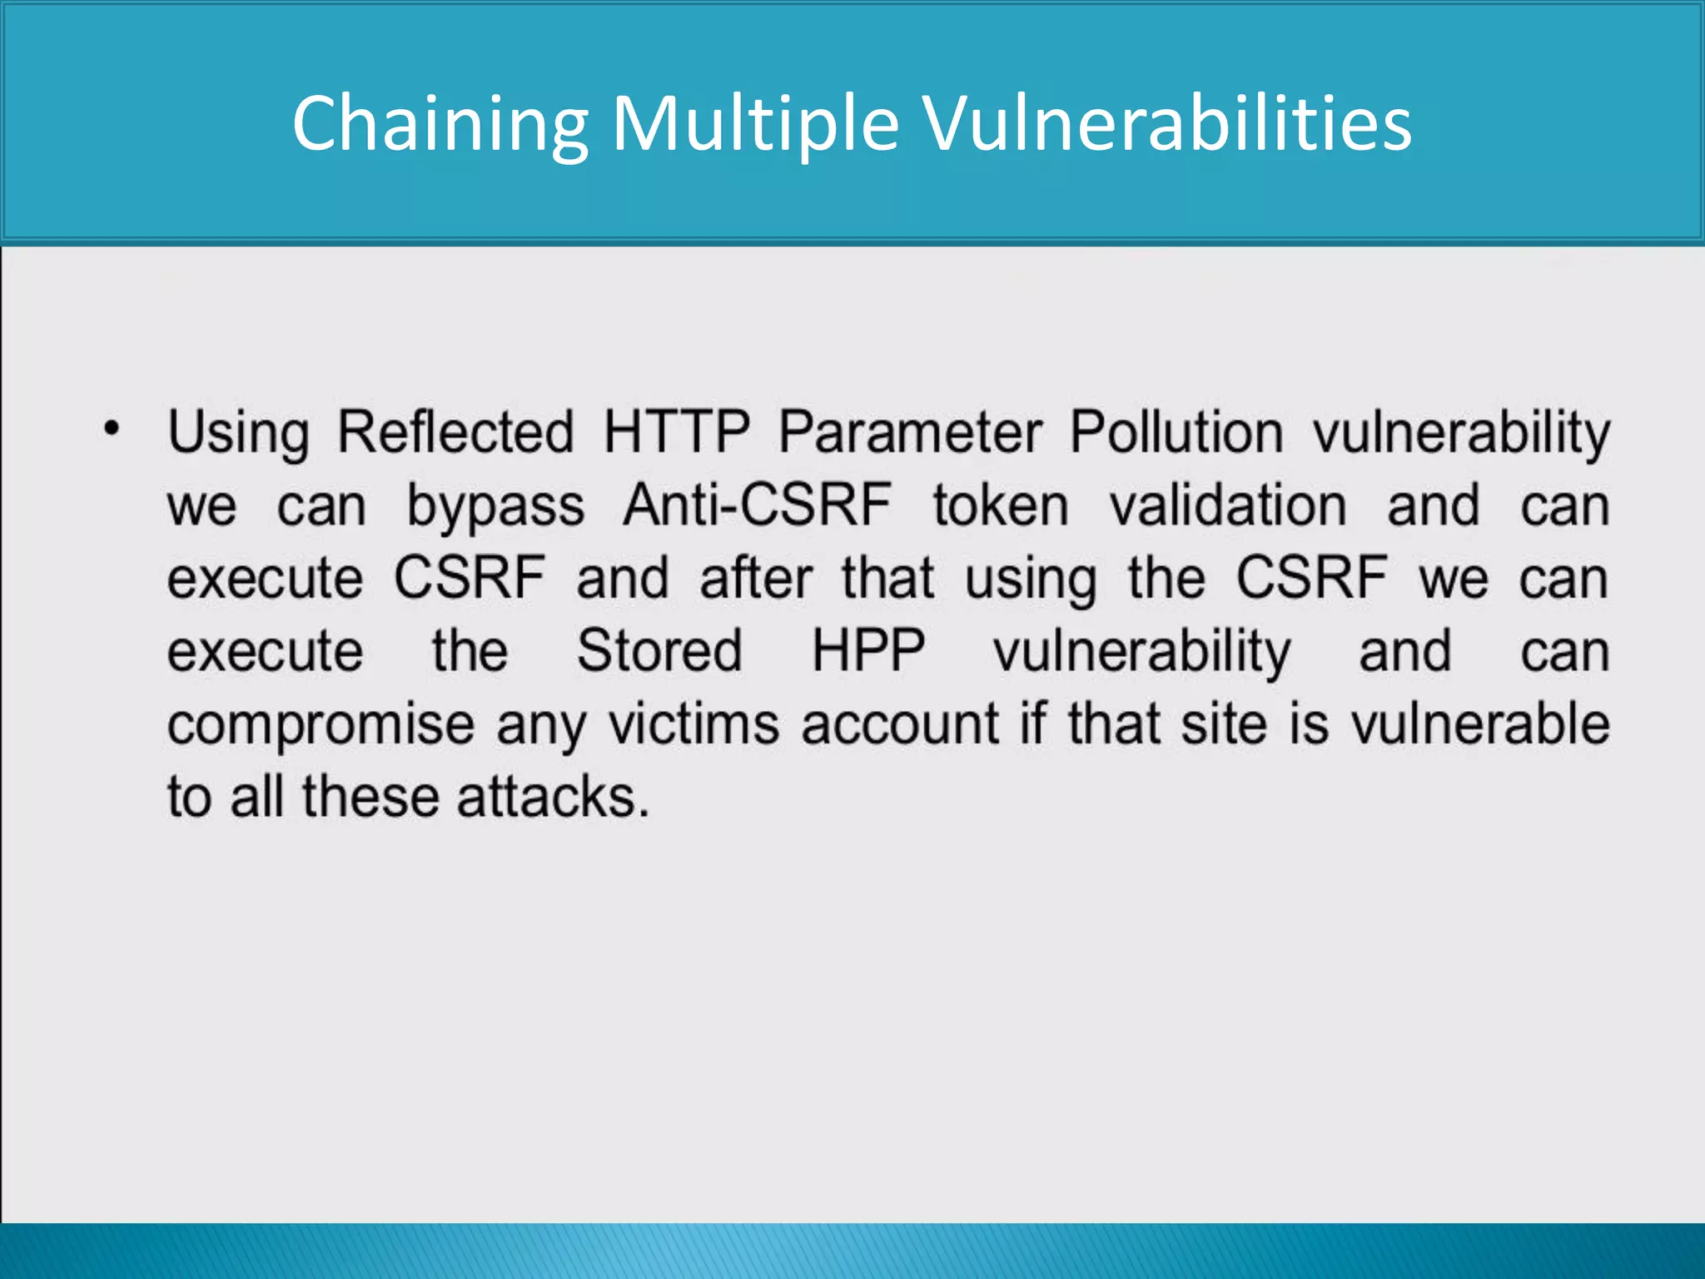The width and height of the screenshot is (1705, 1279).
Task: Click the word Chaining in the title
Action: coord(440,125)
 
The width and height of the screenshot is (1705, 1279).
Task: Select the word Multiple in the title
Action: coord(755,125)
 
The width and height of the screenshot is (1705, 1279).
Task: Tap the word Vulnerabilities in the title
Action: coord(1168,125)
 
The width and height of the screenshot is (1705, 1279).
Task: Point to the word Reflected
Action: coord(455,432)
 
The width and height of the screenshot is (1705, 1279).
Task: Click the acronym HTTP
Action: coord(676,432)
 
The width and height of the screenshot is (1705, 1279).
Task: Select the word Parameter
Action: coord(910,432)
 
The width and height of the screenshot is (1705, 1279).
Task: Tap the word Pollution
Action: coord(1176,432)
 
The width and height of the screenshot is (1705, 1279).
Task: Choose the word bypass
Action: coord(495,506)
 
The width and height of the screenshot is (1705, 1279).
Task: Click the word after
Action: coord(755,578)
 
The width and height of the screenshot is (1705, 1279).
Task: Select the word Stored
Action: coord(659,650)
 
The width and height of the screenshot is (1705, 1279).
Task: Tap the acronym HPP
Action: coord(867,650)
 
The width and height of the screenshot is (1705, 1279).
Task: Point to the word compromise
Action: coord(321,724)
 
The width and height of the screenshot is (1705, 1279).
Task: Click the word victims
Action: coord(693,723)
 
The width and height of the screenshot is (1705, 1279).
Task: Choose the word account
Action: coord(900,723)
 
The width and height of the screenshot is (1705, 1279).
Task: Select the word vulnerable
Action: coord(1480,723)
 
